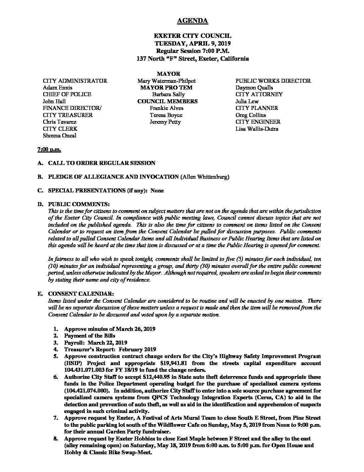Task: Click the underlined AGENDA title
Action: pos(192,21)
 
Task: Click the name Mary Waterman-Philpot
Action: pos(166,81)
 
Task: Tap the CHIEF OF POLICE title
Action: pos(67,95)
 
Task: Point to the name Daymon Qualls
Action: pos(254,87)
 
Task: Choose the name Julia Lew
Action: pos(247,101)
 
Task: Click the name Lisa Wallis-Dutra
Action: pos(257,129)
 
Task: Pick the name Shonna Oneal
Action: pos(60,135)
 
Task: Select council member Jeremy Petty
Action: pos(165,122)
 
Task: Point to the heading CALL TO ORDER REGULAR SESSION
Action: pos(102,163)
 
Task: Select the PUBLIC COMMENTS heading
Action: pos(79,204)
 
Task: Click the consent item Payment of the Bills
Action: pos(90,336)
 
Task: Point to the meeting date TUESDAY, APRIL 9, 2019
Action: pos(192,43)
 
